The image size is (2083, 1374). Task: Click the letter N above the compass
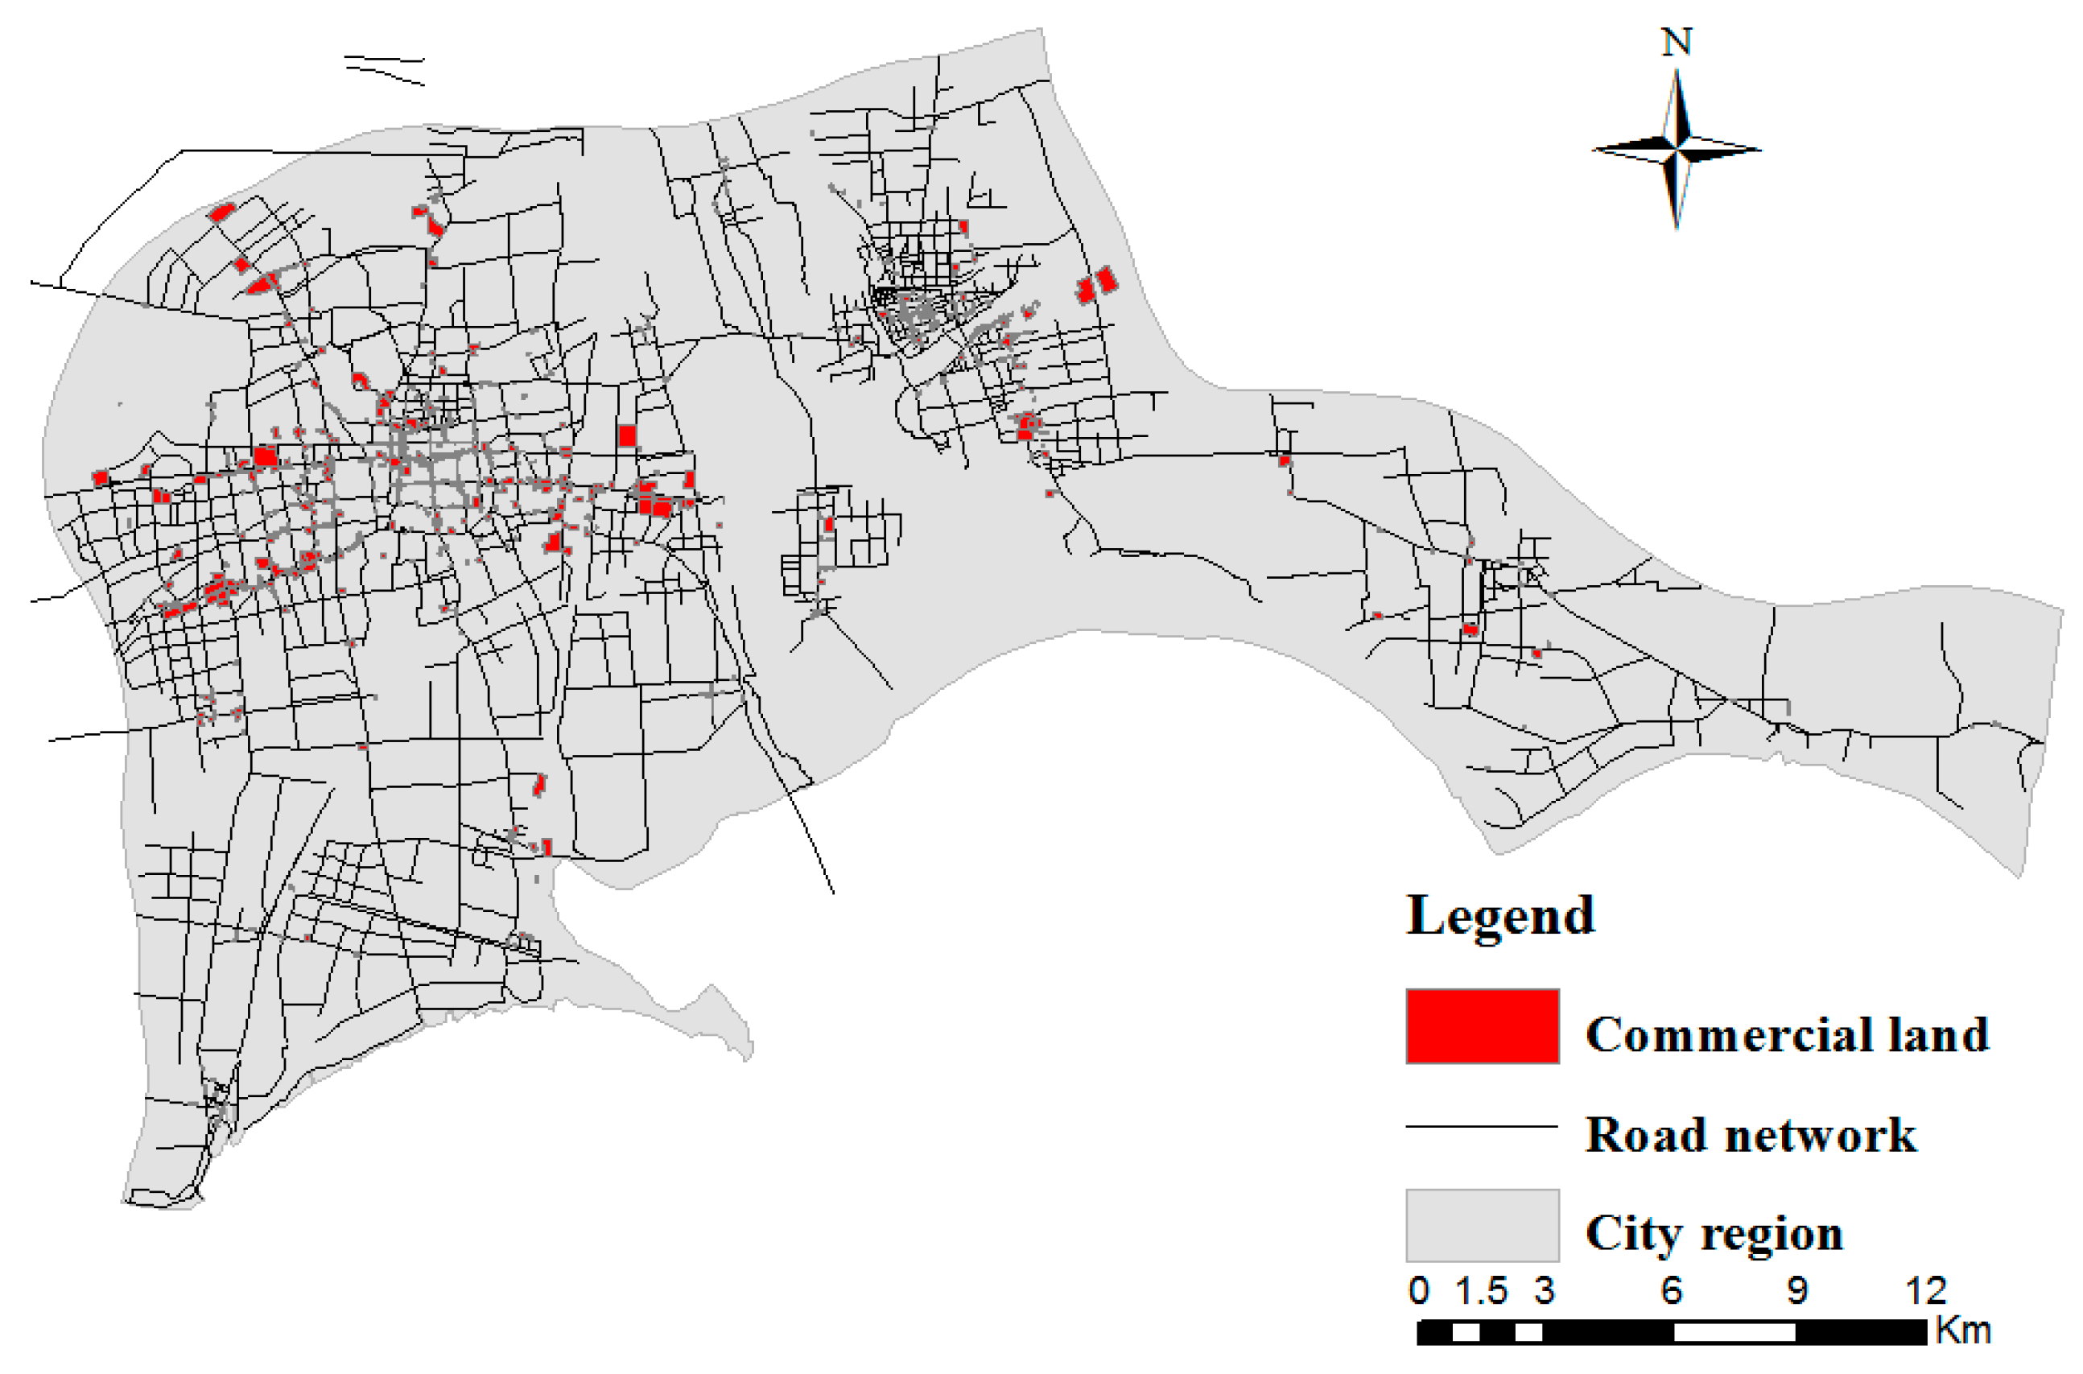1677,42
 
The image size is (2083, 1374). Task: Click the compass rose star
1677,150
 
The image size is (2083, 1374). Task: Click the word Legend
1500,917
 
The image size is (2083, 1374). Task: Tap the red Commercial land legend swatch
1482,1026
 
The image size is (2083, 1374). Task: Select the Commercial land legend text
1787,1035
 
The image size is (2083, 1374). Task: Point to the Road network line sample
1481,1126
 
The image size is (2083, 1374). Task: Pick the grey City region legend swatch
1482,1225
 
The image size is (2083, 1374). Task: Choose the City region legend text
1714,1234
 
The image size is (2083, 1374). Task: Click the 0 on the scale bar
1419,1291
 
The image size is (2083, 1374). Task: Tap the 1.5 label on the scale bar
1481,1291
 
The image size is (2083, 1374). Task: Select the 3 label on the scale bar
1545,1291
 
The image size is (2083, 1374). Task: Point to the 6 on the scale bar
1671,1291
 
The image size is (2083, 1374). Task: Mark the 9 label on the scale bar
1797,1291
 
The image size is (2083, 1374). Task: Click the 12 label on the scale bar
1926,1291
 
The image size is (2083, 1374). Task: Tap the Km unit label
1963,1331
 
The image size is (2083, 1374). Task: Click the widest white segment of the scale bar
1734,1333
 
